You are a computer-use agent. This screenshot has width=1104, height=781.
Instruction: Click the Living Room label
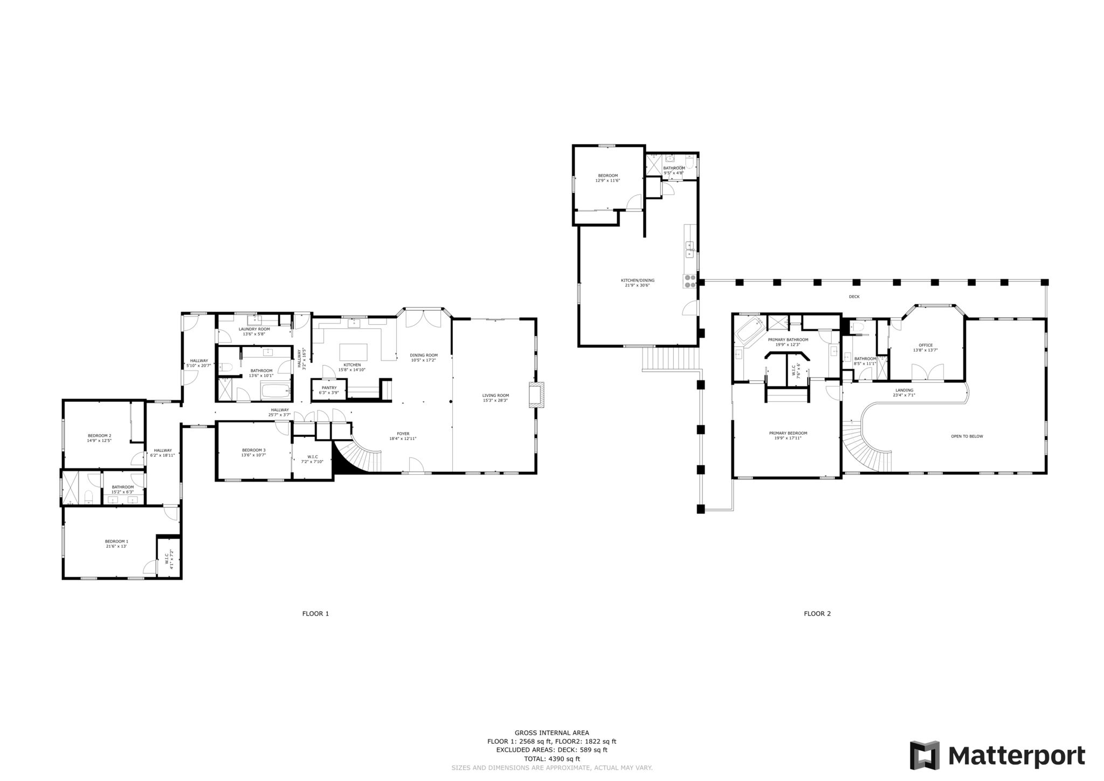[495, 395]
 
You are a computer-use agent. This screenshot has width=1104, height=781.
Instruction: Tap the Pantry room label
[329, 387]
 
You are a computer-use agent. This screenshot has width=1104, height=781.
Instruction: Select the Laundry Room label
[254, 329]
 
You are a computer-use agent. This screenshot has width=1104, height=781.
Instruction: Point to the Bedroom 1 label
[116, 541]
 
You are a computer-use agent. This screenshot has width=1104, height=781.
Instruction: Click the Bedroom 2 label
[99, 435]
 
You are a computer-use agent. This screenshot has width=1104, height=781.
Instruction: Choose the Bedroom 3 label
[253, 450]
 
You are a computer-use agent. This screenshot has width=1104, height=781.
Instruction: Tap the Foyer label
[403, 434]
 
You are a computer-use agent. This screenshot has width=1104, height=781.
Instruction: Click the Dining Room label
[424, 355]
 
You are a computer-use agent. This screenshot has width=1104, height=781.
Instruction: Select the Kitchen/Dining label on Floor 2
[638, 280]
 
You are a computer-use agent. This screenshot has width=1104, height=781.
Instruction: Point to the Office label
[926, 345]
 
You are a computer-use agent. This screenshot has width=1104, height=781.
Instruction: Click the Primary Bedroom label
[788, 433]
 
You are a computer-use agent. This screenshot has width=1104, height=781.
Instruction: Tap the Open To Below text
[967, 436]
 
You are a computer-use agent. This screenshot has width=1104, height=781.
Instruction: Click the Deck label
[854, 297]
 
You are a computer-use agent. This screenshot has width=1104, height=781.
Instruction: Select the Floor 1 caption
[315, 613]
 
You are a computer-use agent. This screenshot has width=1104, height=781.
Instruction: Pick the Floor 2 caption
[817, 613]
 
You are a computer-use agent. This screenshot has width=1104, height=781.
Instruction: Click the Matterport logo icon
[925, 756]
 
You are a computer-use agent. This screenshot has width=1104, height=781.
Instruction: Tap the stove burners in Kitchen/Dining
[690, 281]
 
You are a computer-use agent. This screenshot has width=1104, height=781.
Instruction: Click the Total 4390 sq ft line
[551, 758]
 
